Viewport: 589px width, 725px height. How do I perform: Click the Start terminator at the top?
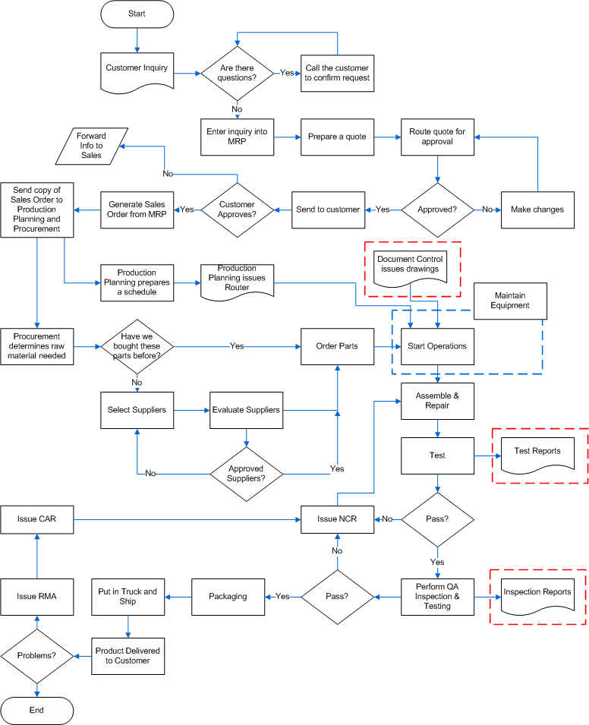(137, 14)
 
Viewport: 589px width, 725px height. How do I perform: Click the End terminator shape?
(37, 710)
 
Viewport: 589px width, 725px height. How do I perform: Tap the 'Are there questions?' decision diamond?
(237, 73)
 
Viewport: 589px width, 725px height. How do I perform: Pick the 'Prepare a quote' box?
(337, 137)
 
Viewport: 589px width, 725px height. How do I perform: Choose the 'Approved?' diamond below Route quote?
(437, 210)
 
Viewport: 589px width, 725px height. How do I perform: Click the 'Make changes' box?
(537, 210)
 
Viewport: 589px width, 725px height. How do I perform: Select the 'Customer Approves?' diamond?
(237, 210)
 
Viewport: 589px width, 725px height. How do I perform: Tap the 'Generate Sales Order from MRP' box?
(137, 210)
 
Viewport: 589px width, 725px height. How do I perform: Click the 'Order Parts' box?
(337, 346)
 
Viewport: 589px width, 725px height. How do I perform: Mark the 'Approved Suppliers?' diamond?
(246, 474)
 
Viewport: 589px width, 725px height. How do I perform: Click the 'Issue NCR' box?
(337, 519)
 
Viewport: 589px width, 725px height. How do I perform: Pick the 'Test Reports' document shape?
(537, 453)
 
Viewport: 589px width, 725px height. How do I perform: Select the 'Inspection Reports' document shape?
(537, 594)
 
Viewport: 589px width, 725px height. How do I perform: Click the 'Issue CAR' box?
(37, 519)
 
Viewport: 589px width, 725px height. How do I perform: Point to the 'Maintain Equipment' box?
(510, 301)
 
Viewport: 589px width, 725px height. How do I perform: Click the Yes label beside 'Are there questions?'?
(287, 73)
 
